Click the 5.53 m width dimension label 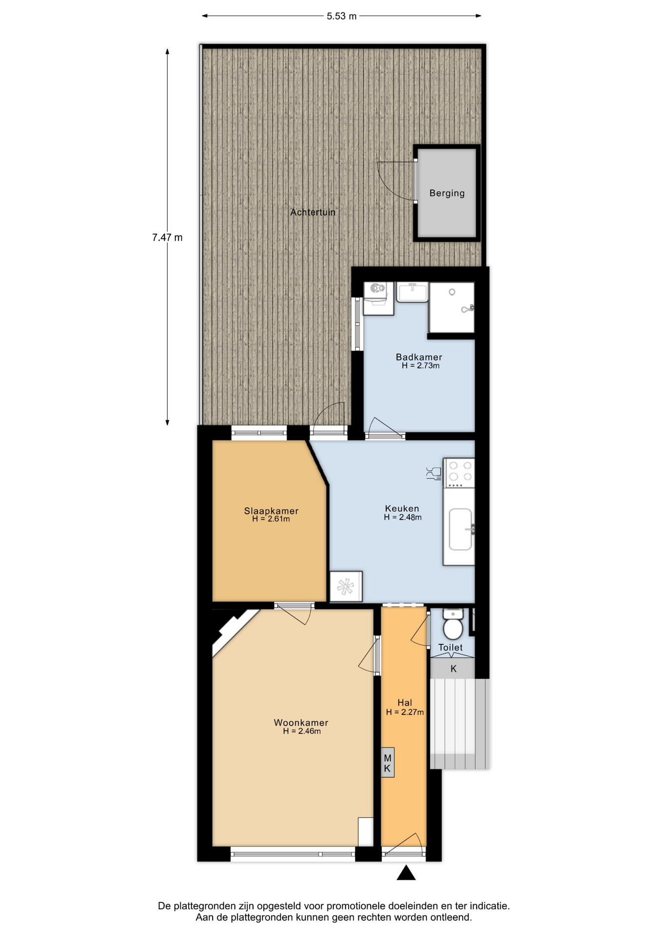pyautogui.click(x=341, y=16)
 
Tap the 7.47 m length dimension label pyautogui.click(x=167, y=238)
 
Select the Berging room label pyautogui.click(x=447, y=193)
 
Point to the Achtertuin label pyautogui.click(x=313, y=212)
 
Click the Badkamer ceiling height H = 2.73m pyautogui.click(x=421, y=366)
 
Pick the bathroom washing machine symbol pyautogui.click(x=379, y=298)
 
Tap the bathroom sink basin pyautogui.click(x=412, y=292)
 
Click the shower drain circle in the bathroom pyautogui.click(x=452, y=292)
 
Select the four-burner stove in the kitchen pyautogui.click(x=459, y=472)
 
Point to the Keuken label pyautogui.click(x=402, y=508)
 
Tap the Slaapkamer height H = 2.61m pyautogui.click(x=271, y=519)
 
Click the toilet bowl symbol pyautogui.click(x=453, y=624)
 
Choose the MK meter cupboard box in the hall pyautogui.click(x=388, y=763)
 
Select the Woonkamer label pyautogui.click(x=301, y=723)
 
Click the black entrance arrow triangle pyautogui.click(x=406, y=873)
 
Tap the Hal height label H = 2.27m pyautogui.click(x=405, y=712)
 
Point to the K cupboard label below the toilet pyautogui.click(x=453, y=669)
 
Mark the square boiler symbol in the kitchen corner pyautogui.click(x=346, y=586)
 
